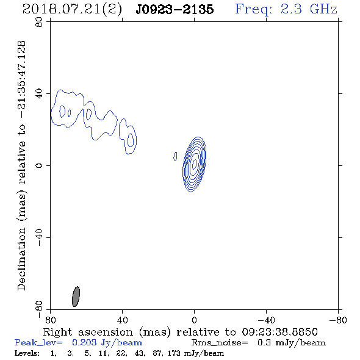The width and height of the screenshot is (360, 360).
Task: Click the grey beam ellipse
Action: pyautogui.click(x=76, y=297)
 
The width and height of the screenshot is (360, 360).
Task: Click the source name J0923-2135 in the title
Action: pyautogui.click(x=175, y=9)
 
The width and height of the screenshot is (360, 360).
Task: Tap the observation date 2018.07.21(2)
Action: pyautogui.click(x=72, y=10)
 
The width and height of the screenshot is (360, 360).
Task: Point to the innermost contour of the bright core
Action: pyautogui.click(x=194, y=164)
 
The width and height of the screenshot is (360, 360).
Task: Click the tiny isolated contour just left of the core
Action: pyautogui.click(x=175, y=156)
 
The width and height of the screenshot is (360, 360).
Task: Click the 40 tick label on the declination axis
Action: pyautogui.click(x=39, y=94)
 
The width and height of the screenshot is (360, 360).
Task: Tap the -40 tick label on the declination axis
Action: pyautogui.click(x=39, y=237)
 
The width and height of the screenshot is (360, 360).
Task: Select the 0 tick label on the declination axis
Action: pyautogui.click(x=39, y=165)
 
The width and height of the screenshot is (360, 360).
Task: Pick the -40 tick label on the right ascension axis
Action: pyautogui.click(x=266, y=320)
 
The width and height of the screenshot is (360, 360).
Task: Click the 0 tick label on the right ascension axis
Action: pyautogui.click(x=194, y=320)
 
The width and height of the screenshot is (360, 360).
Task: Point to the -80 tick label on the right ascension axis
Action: pyautogui.click(x=338, y=320)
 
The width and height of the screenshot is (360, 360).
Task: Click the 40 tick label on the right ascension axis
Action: pyautogui.click(x=123, y=320)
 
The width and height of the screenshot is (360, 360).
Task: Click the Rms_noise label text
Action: pyautogui.click(x=220, y=342)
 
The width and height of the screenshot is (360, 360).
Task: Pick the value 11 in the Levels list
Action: pyautogui.click(x=103, y=353)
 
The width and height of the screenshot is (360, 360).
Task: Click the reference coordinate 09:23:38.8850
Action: pyautogui.click(x=279, y=332)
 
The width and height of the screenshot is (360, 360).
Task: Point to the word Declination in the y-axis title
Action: pyautogui.click(x=21, y=259)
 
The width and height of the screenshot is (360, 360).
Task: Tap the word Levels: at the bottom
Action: pyautogui.click(x=27, y=353)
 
